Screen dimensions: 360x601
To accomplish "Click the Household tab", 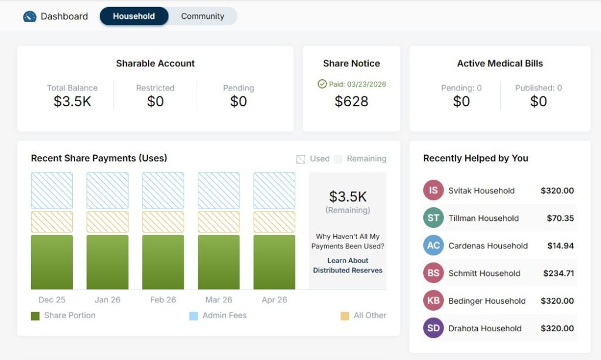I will coord(134,16).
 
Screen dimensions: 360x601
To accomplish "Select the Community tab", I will coord(202,16).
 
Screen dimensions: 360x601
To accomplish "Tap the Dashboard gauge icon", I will coord(30,16).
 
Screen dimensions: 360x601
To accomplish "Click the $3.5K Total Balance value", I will coord(72,102).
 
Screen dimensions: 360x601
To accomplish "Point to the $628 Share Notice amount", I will coord(352,102).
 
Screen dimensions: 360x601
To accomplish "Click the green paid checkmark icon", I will coord(322,84).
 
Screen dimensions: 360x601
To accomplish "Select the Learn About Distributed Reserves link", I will coord(347,265).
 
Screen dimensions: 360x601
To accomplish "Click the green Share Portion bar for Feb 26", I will coord(163,262).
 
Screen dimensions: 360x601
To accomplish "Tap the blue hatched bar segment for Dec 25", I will coord(52,190).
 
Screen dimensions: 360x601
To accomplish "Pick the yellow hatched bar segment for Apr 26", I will coord(274,222).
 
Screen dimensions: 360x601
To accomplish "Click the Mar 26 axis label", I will coord(219,300).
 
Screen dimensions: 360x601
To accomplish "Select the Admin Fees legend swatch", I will coord(194,316).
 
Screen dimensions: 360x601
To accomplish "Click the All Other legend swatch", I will coord(345,316).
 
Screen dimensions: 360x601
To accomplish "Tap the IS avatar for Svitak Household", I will coord(433,190).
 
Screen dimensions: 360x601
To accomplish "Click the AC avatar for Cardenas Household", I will coord(433,245).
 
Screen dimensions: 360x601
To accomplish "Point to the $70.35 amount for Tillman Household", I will coord(561,218).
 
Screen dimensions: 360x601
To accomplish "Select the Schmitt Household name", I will coord(484,273).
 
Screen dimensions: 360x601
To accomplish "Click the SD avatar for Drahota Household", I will coord(433,328).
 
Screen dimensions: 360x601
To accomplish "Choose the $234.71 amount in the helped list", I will coord(557,273).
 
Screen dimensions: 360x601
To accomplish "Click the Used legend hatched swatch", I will coord(301,159).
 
